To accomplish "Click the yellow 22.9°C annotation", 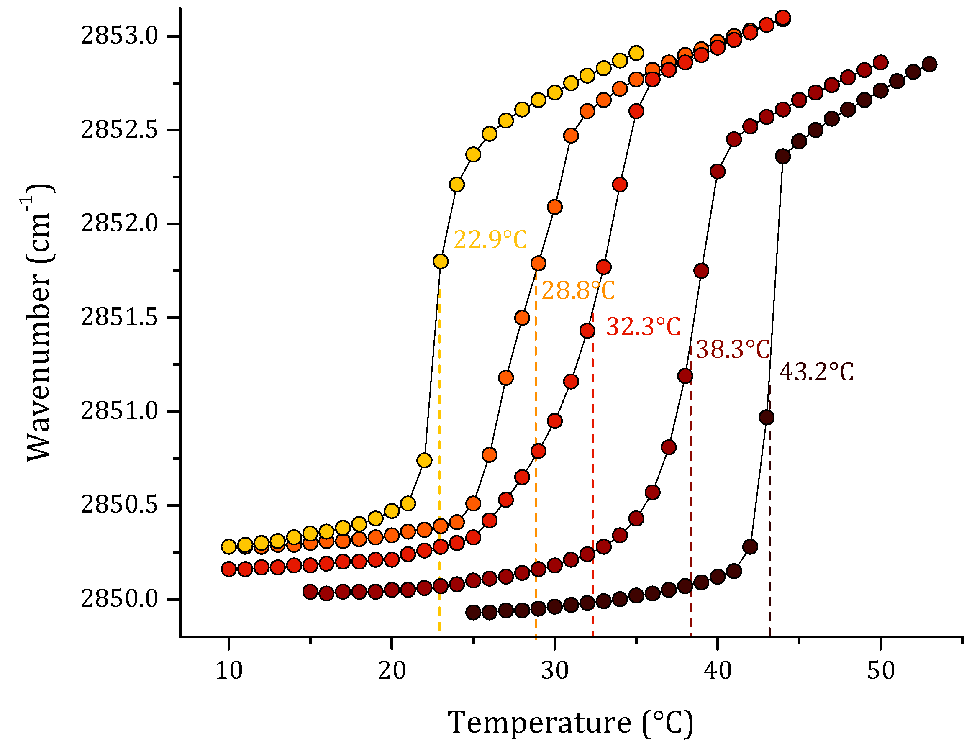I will tap(490, 240).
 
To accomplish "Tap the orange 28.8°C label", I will tap(578, 291).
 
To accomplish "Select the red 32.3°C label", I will tap(643, 327).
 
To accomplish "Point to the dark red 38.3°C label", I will tap(733, 349).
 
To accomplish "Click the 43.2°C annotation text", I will tap(816, 372).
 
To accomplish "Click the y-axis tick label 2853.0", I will tap(119, 36).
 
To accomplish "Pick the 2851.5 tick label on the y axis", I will tap(119, 318).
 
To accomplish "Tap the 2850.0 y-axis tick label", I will tap(119, 599).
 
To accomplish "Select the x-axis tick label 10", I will tap(228, 670).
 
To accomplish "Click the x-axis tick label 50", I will tap(881, 670).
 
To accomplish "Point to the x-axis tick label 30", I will tap(555, 670).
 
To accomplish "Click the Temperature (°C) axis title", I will tap(571, 722).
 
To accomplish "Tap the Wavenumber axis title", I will tap(38, 323).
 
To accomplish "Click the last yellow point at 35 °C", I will tap(636, 53).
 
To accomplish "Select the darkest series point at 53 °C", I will tap(929, 64).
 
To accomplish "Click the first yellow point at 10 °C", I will tap(228, 546).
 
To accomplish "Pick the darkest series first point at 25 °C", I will tap(473, 612).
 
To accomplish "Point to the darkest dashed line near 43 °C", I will tap(770, 535).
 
